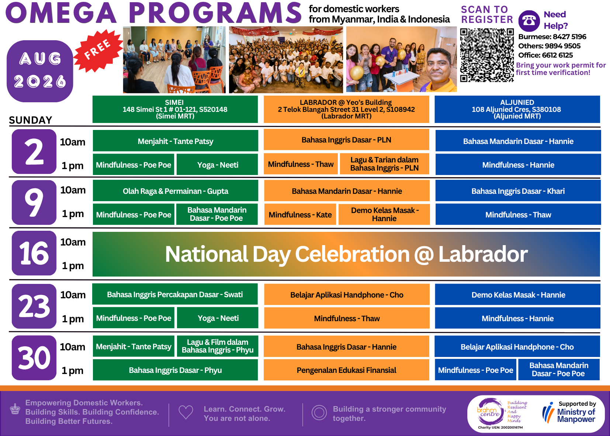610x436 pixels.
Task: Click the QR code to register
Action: [x=487, y=55]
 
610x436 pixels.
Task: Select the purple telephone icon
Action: [x=529, y=21]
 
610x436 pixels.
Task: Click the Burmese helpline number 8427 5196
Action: [x=569, y=37]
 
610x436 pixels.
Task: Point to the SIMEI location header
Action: [x=175, y=109]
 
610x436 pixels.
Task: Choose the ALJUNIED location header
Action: [x=517, y=109]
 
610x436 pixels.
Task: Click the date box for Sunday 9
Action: [x=34, y=202]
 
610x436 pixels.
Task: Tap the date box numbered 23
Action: [x=34, y=306]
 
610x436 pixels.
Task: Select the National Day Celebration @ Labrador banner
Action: [x=346, y=254]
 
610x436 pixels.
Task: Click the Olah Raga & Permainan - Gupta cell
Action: [x=176, y=191]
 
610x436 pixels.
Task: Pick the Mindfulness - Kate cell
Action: [x=300, y=214]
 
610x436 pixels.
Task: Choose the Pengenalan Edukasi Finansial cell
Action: [x=346, y=370]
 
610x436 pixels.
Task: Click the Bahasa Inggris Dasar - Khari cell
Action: [x=518, y=191]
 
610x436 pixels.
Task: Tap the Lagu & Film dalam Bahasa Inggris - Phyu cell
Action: [x=218, y=346]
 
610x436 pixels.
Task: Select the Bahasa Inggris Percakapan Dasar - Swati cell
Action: [x=175, y=294]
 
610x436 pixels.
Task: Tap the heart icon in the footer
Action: [x=186, y=412]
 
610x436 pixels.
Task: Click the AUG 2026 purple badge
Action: [x=40, y=71]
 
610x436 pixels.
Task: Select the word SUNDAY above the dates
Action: [x=31, y=120]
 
